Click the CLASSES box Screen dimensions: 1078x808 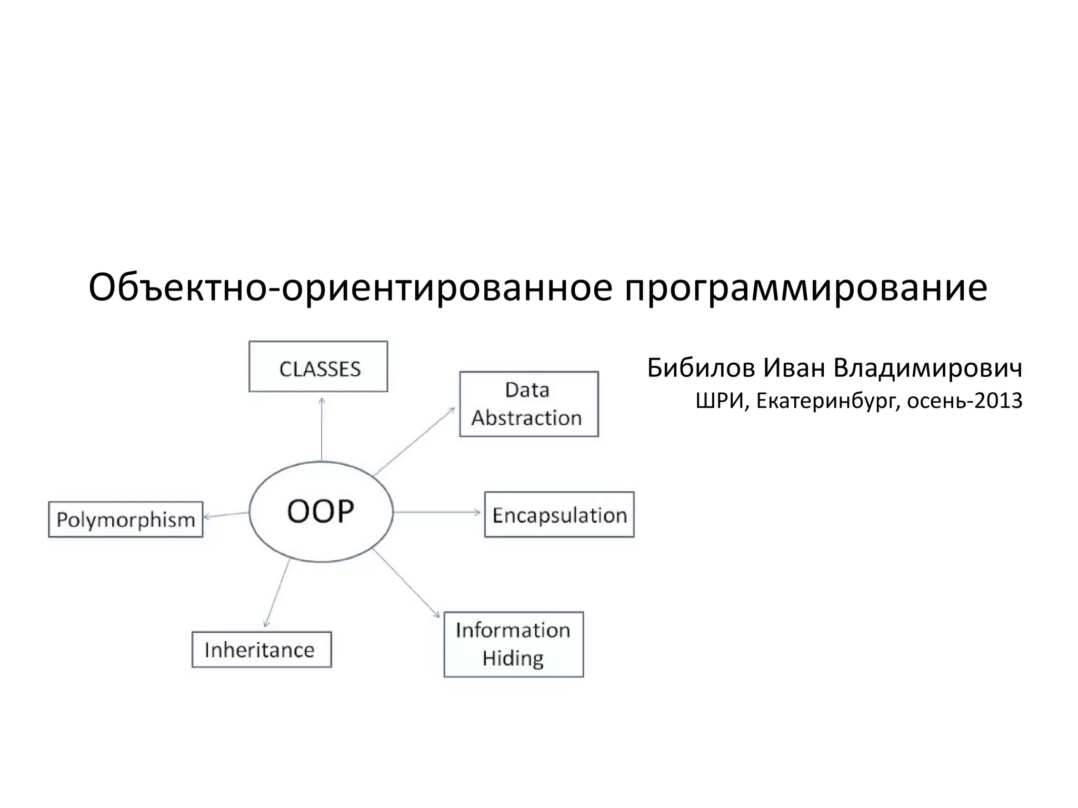[x=318, y=366]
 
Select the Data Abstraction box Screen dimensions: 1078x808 [x=528, y=404]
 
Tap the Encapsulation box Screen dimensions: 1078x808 [x=559, y=514]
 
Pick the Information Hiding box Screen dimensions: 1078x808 [x=513, y=644]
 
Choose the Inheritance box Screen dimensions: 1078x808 [x=261, y=649]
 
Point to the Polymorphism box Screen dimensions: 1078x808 [x=125, y=519]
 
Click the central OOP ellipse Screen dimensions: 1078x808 [x=321, y=511]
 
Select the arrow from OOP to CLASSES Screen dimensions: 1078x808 [x=322, y=428]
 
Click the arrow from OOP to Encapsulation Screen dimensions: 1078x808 [x=437, y=512]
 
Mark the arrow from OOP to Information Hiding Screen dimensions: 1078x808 [x=406, y=583]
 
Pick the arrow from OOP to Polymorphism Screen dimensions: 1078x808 [x=226, y=515]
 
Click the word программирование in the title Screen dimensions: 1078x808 [x=805, y=288]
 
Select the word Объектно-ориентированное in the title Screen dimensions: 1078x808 [x=350, y=288]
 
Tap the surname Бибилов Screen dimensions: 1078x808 [x=700, y=368]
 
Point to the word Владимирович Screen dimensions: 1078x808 [x=928, y=368]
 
